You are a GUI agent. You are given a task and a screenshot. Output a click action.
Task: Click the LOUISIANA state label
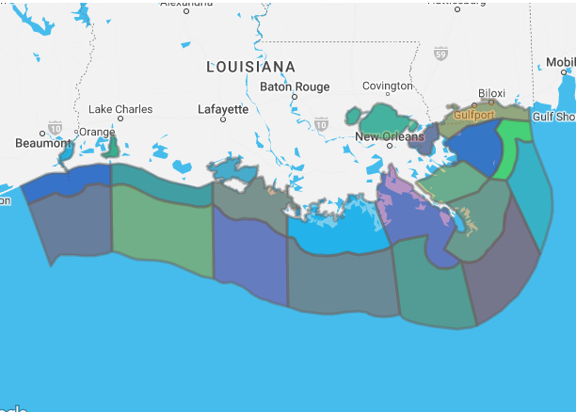[250, 68]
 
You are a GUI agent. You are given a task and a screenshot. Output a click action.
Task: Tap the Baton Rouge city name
[295, 87]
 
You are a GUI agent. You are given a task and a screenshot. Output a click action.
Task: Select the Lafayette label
[223, 109]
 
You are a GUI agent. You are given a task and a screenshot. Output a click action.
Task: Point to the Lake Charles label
[120, 109]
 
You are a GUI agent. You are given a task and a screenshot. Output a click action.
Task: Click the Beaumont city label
[43, 144]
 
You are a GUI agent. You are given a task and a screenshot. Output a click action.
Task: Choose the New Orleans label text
[386, 136]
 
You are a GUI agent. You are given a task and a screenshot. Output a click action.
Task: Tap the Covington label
[387, 86]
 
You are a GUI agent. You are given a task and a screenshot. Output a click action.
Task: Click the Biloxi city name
[491, 93]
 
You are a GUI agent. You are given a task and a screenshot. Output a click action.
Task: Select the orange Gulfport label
[473, 115]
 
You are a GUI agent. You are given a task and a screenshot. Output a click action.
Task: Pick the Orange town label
[97, 132]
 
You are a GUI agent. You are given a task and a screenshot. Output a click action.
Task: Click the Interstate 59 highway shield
[440, 55]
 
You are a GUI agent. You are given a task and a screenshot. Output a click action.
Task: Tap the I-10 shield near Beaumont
[56, 127]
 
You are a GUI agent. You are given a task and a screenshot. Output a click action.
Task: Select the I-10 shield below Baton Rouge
[322, 123]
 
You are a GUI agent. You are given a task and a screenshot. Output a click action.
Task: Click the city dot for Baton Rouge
[295, 97]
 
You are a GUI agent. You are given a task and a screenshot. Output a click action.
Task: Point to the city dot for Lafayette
[223, 119]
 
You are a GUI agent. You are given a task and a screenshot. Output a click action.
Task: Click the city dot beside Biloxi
[490, 103]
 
